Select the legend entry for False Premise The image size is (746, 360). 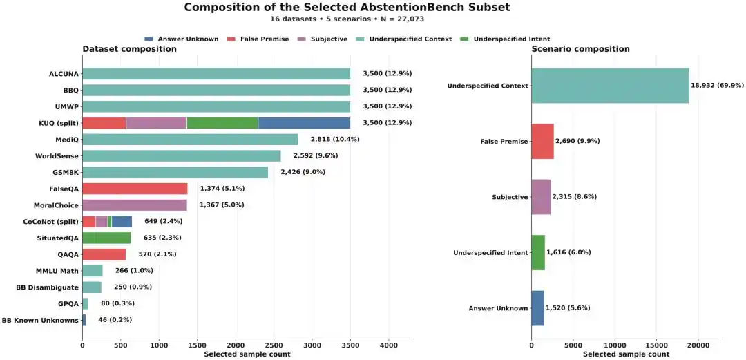[x=258, y=39]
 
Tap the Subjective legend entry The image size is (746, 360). [x=322, y=39]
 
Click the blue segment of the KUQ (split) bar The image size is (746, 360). [x=304, y=123]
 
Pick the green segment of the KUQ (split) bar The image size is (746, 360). [x=222, y=123]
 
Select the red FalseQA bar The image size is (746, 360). [x=135, y=189]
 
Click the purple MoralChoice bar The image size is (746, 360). [x=135, y=205]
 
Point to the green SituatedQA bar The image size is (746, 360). [x=106, y=238]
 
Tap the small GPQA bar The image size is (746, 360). [x=86, y=303]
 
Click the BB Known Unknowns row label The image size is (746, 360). [x=40, y=320]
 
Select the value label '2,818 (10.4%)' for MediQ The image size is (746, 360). [x=335, y=139]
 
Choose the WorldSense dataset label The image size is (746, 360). [x=57, y=155]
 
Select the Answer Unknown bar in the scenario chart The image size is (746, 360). [x=537, y=308]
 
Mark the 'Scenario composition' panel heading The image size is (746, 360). [x=580, y=49]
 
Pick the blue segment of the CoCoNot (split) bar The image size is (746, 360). [x=122, y=221]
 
